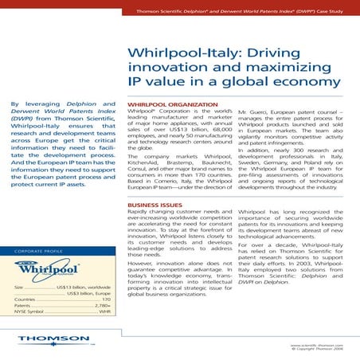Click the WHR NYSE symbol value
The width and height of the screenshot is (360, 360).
(x=104, y=313)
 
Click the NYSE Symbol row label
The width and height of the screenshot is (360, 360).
(x=31, y=313)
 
